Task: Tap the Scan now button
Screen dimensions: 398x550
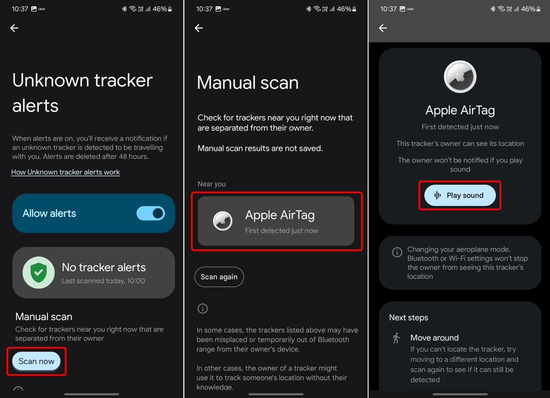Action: (37, 361)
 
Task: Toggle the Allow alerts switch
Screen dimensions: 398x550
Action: (150, 213)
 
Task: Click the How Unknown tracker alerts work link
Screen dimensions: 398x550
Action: (66, 172)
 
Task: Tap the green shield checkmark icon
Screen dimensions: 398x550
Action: (38, 273)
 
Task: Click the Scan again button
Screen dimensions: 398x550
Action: (219, 277)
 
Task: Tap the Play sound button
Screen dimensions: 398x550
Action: (460, 195)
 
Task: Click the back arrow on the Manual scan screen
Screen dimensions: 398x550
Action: (199, 28)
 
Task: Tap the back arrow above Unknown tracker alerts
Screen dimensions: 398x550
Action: (14, 28)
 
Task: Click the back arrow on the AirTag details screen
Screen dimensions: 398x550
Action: (383, 28)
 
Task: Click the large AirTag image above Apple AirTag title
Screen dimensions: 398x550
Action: (460, 77)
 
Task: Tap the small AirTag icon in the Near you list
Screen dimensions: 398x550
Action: (223, 221)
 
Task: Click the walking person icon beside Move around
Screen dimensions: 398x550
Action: (396, 338)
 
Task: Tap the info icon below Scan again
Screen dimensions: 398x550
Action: (202, 308)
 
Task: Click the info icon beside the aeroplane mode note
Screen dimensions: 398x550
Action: (397, 252)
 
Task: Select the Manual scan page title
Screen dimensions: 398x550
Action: (247, 83)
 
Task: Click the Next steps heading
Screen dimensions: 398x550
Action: (409, 317)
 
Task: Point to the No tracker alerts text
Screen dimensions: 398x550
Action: (104, 267)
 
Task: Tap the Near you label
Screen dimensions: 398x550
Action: (211, 184)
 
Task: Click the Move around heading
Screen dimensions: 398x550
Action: (434, 338)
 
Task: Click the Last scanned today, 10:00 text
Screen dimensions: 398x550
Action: (103, 281)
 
